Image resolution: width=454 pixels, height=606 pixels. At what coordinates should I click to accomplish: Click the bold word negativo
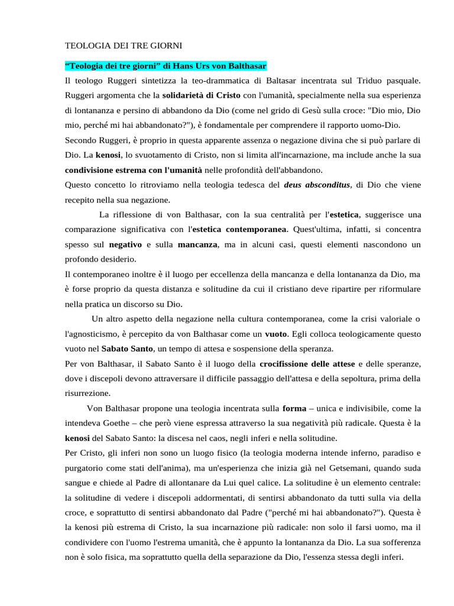(125, 244)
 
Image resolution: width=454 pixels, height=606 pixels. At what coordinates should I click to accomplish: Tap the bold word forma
(294, 409)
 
